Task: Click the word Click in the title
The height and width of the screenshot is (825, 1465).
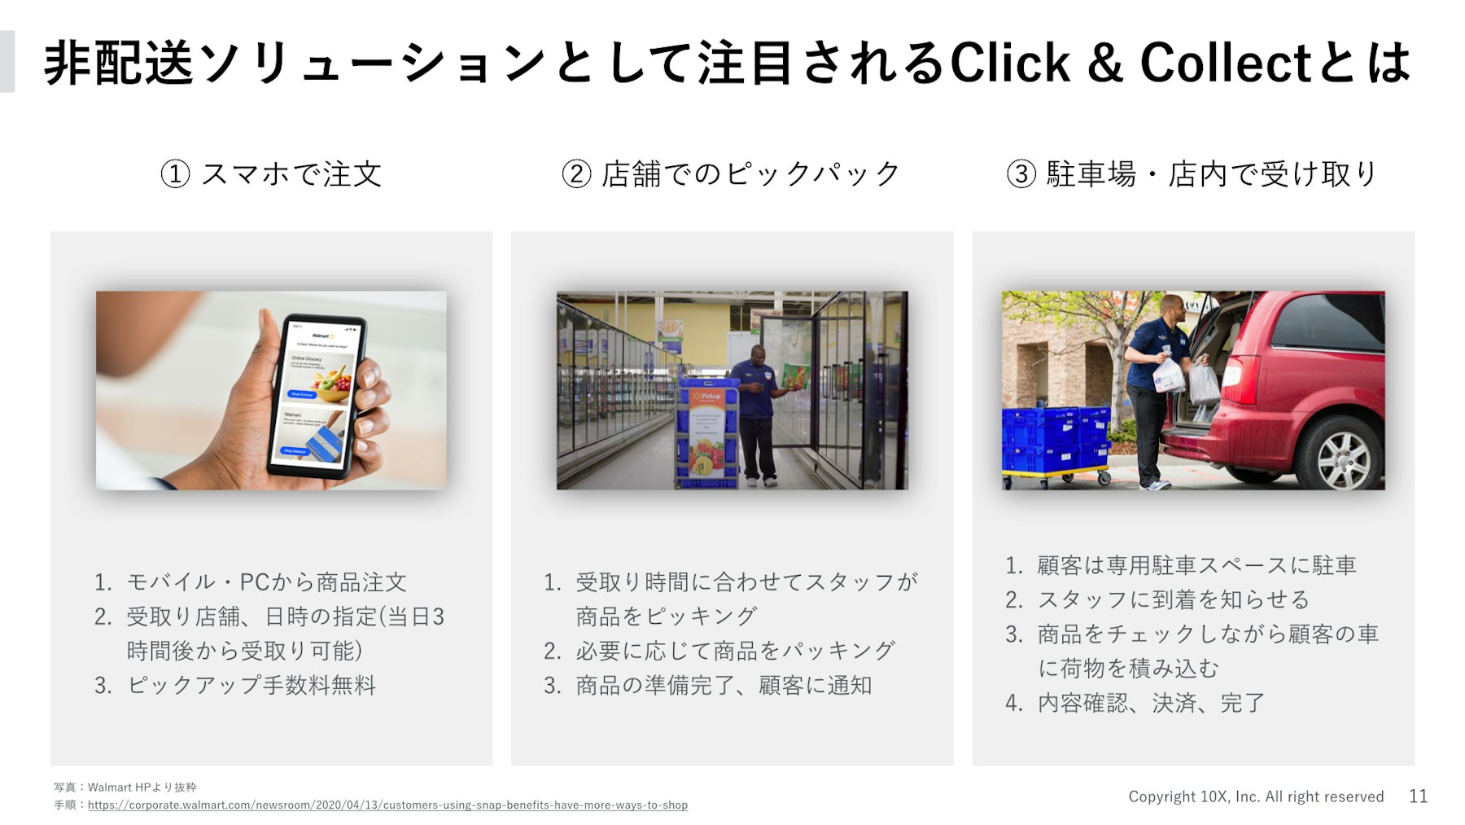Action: click(1009, 63)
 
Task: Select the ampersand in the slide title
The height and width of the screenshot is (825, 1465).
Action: click(1104, 64)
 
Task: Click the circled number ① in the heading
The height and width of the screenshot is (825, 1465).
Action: click(175, 173)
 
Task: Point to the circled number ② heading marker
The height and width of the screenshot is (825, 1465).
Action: click(576, 173)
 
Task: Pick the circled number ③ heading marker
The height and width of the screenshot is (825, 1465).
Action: click(1021, 173)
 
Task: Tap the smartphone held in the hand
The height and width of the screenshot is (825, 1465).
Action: click(319, 395)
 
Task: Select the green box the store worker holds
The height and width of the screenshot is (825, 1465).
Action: click(796, 375)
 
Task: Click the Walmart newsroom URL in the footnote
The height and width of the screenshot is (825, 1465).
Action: click(387, 805)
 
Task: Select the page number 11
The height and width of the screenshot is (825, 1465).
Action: click(1418, 796)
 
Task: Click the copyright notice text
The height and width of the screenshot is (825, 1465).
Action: click(1256, 796)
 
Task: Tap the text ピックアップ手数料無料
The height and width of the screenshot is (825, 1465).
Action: click(251, 685)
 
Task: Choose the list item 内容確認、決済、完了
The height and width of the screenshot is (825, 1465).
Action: click(1151, 702)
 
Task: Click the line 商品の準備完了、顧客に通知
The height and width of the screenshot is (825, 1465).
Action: click(724, 685)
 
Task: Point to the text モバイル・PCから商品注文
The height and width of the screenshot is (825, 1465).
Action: click(267, 581)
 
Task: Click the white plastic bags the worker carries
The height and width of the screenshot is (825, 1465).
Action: click(1187, 378)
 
